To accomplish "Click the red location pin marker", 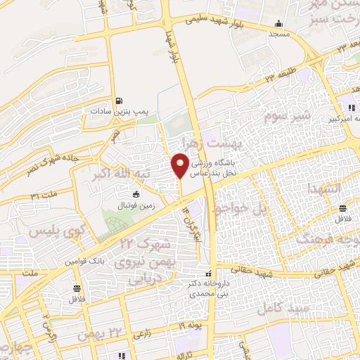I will (180, 165).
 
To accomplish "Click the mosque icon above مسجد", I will (279, 22).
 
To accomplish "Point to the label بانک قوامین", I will (85, 261).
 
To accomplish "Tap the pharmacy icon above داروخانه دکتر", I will (207, 274).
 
